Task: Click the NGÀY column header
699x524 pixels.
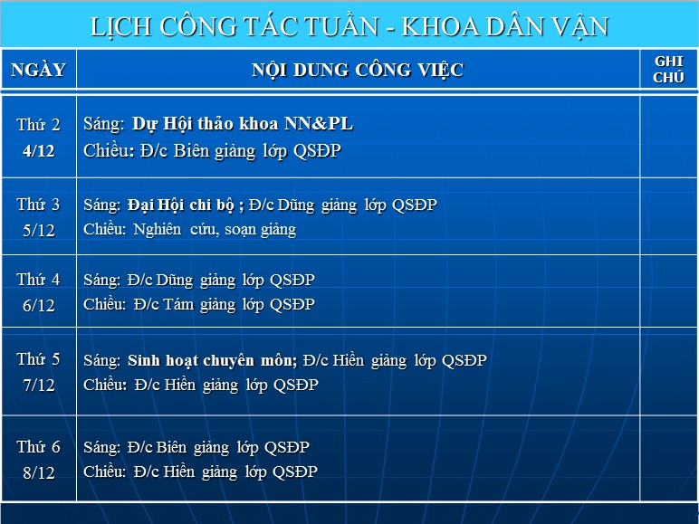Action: click(x=38, y=70)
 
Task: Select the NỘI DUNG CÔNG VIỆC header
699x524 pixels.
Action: click(x=358, y=70)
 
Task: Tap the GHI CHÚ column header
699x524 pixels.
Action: click(x=668, y=70)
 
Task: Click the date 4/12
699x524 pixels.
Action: click(x=39, y=151)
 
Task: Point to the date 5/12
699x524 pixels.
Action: click(x=39, y=231)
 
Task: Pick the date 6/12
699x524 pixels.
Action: click(x=39, y=305)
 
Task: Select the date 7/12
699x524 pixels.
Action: click(x=39, y=385)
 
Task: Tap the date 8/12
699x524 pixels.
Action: click(x=39, y=472)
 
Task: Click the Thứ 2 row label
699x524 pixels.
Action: click(x=38, y=124)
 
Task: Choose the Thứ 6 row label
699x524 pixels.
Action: click(x=38, y=447)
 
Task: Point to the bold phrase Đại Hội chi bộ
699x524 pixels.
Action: click(x=181, y=205)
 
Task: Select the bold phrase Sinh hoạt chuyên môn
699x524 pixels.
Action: click(x=211, y=360)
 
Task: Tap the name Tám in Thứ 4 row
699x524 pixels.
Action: click(x=178, y=304)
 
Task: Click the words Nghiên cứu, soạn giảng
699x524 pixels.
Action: click(x=215, y=230)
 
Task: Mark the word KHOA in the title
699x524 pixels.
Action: click(x=441, y=26)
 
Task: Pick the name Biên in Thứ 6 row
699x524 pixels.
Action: click(x=172, y=447)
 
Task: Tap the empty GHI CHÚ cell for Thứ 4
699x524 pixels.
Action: click(x=668, y=291)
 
